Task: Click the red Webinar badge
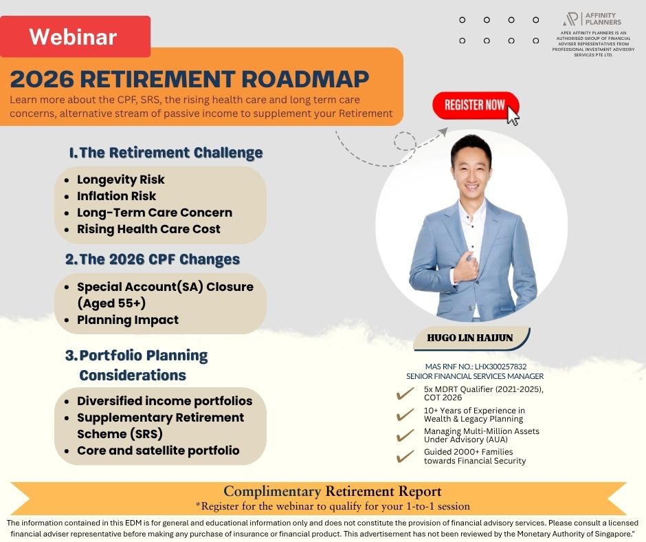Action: click(x=75, y=36)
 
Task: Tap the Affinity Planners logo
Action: click(x=592, y=19)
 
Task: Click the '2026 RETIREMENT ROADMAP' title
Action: click(x=190, y=79)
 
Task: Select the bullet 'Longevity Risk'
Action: click(x=121, y=180)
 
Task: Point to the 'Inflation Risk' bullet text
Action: click(x=117, y=196)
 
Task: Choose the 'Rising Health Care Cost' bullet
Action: click(x=148, y=229)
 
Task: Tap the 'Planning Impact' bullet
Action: click(x=128, y=320)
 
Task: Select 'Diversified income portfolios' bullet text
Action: click(x=165, y=401)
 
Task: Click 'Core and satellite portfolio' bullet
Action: click(x=158, y=451)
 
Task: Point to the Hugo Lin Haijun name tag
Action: click(x=471, y=338)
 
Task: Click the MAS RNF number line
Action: click(x=476, y=367)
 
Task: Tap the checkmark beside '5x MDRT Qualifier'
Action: click(x=405, y=393)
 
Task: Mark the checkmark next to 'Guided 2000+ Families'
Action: click(x=405, y=456)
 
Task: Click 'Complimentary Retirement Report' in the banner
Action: click(x=333, y=491)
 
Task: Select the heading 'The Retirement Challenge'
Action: click(x=166, y=153)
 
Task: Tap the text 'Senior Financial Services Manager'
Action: click(x=475, y=376)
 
